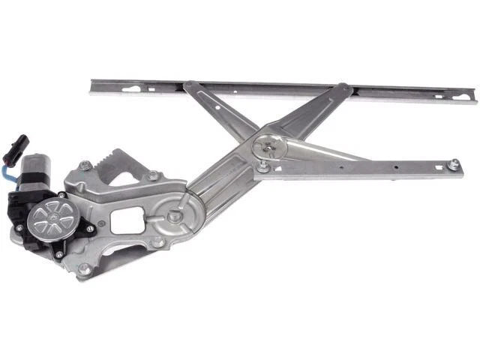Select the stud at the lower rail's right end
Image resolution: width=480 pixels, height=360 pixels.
(x=453, y=163)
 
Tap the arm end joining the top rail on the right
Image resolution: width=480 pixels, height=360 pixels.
(x=344, y=88)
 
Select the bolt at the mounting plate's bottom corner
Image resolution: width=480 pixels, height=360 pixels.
(x=84, y=268)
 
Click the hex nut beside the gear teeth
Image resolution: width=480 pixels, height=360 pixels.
(x=153, y=175)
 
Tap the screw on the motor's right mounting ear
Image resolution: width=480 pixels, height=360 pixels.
(x=90, y=228)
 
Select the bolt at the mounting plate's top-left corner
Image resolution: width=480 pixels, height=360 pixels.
(x=84, y=166)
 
